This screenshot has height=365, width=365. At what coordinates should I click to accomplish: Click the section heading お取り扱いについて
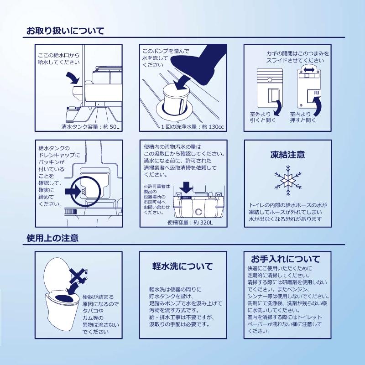[65, 31]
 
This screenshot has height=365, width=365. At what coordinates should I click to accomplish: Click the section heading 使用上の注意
[52, 238]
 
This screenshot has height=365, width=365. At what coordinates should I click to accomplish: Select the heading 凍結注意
[287, 155]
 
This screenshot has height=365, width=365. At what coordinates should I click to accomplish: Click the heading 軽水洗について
[182, 266]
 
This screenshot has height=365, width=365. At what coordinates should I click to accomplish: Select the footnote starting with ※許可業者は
[156, 199]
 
